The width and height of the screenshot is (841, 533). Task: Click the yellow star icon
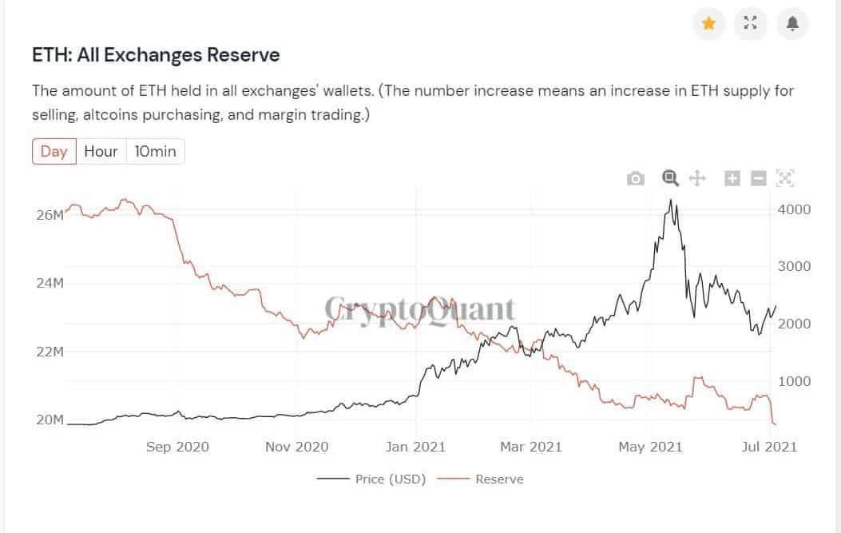[x=708, y=23]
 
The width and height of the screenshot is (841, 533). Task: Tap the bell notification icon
[x=792, y=23]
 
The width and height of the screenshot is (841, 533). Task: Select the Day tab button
[x=54, y=151]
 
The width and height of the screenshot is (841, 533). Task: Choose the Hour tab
[x=101, y=151]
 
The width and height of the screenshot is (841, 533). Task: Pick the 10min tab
[x=155, y=151]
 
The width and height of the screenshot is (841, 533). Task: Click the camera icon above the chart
[x=636, y=178]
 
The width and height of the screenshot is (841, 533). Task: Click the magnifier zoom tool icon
[x=670, y=177]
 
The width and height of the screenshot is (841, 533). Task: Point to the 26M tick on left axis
[x=50, y=216]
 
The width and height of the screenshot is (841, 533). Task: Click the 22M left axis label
[x=50, y=352]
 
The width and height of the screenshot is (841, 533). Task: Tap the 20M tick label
[x=50, y=420]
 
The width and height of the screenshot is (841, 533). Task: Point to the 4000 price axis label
[x=794, y=209]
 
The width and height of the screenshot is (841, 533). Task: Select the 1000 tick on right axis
[x=794, y=381]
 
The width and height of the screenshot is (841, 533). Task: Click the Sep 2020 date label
[x=177, y=447]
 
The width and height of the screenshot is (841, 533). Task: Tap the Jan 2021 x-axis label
[x=415, y=447]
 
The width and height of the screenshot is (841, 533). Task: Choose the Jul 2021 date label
[x=769, y=447]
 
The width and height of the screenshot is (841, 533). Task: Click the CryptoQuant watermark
[x=420, y=309]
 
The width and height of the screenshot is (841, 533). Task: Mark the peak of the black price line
[x=671, y=200]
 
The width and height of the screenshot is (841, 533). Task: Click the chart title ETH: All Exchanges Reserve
[x=156, y=55]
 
